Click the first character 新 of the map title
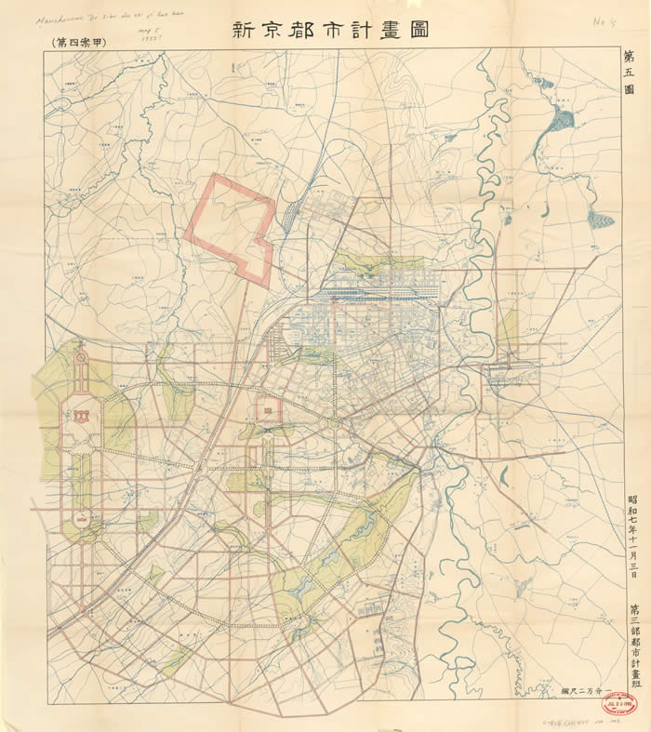(245, 28)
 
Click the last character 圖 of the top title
(417, 28)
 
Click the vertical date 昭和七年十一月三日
(632, 536)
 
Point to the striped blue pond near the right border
(601, 220)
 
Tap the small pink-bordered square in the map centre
(267, 409)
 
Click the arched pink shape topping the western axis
(79, 358)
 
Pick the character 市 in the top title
(331, 28)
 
